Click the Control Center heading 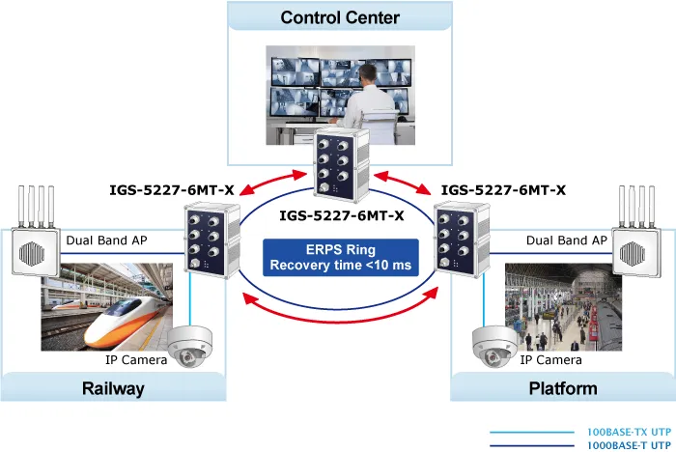point(340,17)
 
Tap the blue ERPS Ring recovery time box point(341,258)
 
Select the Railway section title point(113,388)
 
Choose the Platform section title point(563,388)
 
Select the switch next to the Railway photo point(212,240)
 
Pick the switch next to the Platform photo point(462,240)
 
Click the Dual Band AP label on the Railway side point(106,240)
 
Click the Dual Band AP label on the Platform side point(567,240)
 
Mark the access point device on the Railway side point(36,232)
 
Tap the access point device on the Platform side point(636,232)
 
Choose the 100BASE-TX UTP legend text point(630,432)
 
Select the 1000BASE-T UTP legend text point(630,445)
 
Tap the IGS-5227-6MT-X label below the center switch point(342,215)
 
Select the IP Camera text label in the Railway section point(136,359)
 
